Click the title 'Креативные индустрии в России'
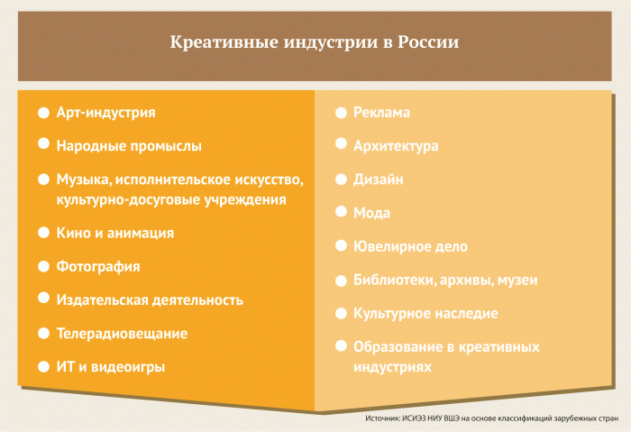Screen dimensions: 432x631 pos(315,42)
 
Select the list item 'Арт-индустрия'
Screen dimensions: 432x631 pos(105,113)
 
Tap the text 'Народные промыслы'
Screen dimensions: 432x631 pos(129,145)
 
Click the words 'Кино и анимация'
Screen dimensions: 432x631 pos(114,233)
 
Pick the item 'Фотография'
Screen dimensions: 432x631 pos(97,267)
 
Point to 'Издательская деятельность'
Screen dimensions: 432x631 pos(150,300)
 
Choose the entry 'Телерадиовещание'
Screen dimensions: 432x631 pos(122,334)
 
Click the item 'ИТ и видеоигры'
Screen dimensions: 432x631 pos(111,367)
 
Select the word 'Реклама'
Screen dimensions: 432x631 pos(382,113)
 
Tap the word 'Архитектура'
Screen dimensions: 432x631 pos(397,145)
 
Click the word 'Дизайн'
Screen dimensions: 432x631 pos(379,179)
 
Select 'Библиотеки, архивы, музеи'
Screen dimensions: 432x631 pos(445,280)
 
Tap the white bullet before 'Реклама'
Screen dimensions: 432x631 pos(341,113)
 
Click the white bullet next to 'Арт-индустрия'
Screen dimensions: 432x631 pos(43,113)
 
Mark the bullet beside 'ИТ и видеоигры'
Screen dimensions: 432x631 pos(43,367)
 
